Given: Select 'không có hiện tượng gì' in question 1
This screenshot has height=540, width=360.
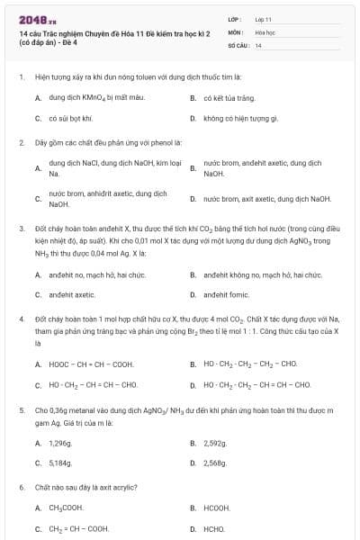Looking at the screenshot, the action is click(x=240, y=118).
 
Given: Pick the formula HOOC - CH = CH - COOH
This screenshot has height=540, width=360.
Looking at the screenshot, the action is click(x=91, y=364).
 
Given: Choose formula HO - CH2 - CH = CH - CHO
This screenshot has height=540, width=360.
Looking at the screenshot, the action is click(x=93, y=385).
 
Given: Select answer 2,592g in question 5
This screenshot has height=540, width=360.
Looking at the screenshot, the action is click(x=215, y=444).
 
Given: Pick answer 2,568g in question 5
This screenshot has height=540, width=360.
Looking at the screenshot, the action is click(x=215, y=463).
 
